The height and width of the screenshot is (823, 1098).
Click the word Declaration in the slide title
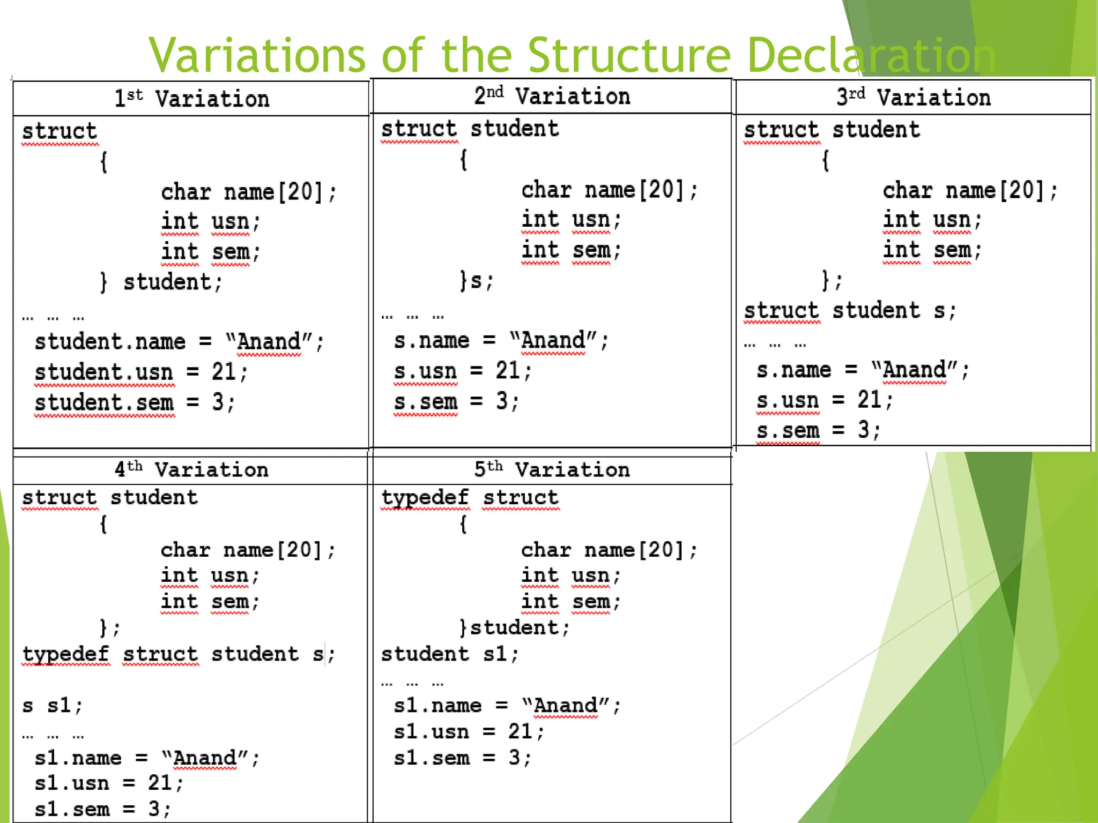point(871,56)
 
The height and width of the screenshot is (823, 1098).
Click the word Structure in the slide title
point(629,56)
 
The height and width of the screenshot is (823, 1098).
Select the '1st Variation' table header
point(191,99)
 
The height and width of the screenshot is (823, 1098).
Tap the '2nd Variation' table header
point(552,96)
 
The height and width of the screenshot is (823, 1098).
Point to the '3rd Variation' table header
point(913,98)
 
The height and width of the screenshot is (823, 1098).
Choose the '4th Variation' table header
point(191,470)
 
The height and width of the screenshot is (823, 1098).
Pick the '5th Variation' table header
point(552,470)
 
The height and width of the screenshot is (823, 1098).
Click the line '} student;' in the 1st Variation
point(161,282)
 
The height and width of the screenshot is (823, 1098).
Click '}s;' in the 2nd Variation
point(477,280)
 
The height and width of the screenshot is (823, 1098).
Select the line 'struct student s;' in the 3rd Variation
point(850,311)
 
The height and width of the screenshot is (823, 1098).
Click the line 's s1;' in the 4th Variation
point(53,706)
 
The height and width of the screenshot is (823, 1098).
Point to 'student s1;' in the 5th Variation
point(450,654)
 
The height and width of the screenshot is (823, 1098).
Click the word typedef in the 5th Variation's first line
point(425,498)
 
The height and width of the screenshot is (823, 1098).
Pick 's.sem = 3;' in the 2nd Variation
point(456,401)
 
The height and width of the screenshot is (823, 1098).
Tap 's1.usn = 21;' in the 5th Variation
point(469,732)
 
